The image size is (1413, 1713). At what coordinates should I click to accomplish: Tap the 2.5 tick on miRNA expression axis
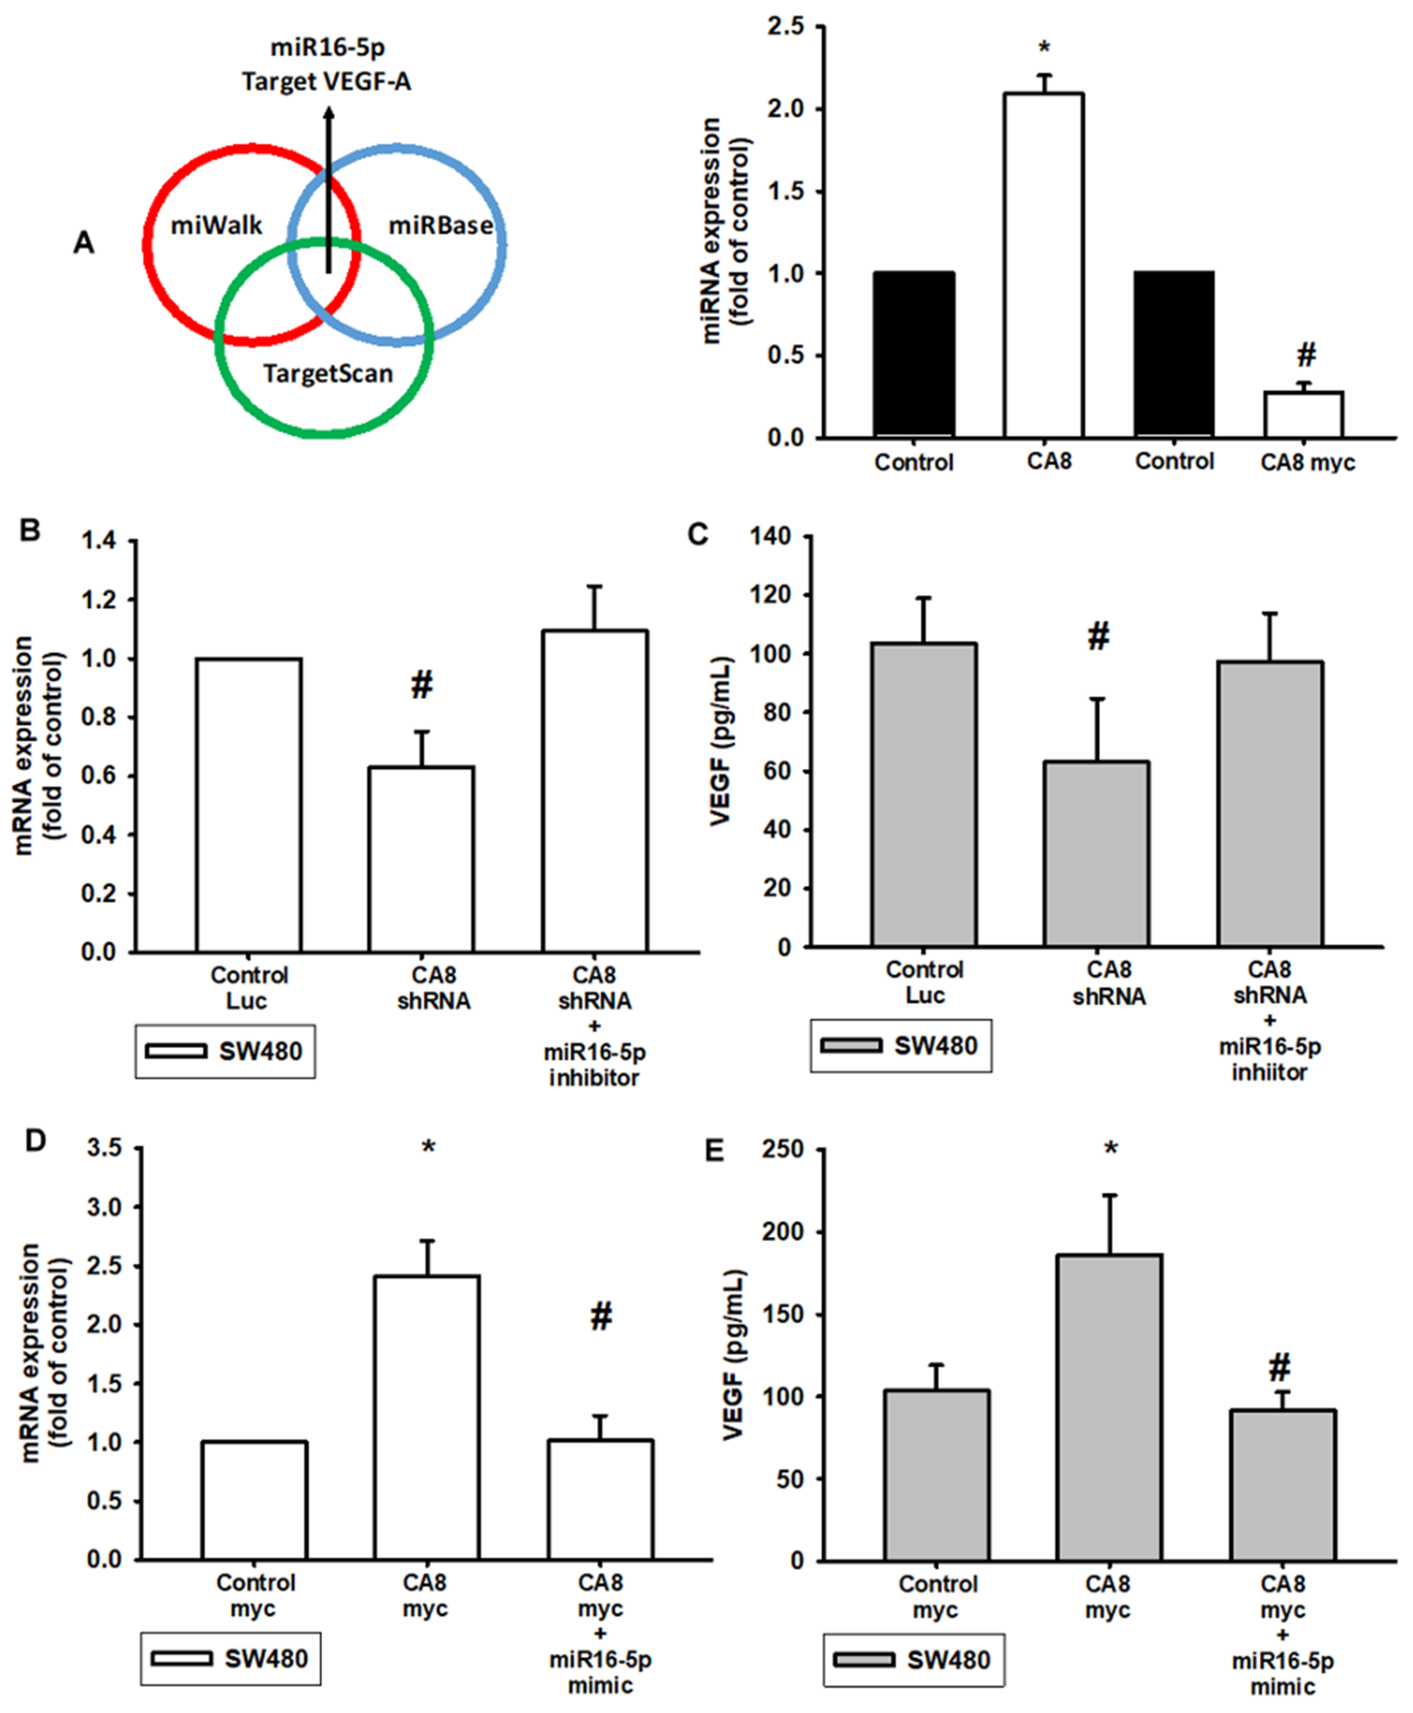click(x=786, y=27)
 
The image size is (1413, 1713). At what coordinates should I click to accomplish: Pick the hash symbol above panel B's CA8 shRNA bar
click(x=422, y=686)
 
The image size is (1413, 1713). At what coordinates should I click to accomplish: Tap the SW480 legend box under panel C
click(x=900, y=1046)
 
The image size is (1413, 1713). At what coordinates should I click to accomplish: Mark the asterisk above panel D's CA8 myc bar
click(x=428, y=1149)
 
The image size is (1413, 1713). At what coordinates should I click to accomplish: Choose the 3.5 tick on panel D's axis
click(x=104, y=1149)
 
